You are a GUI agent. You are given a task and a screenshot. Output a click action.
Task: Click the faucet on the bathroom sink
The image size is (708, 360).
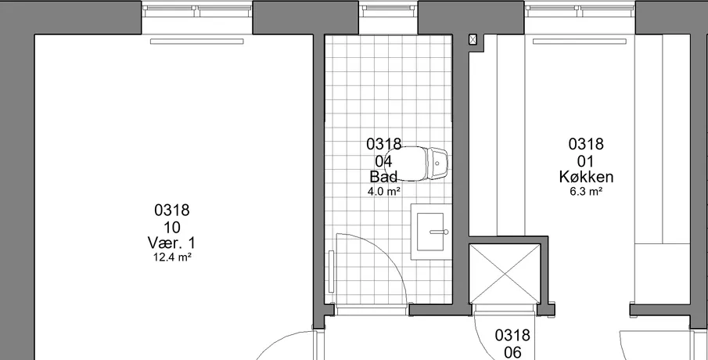(x=440, y=232)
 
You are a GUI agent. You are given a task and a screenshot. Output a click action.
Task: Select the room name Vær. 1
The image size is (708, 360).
(x=171, y=243)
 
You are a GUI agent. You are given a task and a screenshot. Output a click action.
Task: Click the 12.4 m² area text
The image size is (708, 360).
(x=171, y=257)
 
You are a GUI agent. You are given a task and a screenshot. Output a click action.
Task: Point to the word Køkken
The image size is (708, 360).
(x=586, y=177)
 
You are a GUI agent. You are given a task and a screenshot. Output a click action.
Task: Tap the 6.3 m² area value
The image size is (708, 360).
(x=586, y=191)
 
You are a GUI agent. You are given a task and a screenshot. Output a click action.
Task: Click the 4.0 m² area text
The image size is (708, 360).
(x=384, y=191)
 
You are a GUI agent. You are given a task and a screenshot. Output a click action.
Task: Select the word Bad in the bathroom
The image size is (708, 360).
(x=383, y=176)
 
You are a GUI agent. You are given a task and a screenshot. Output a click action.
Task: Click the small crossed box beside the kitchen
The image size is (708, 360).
(x=473, y=40)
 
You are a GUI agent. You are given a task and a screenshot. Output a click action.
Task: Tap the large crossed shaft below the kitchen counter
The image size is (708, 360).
(x=505, y=274)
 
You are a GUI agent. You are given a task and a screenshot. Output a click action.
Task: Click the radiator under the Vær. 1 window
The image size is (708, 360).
(x=197, y=41)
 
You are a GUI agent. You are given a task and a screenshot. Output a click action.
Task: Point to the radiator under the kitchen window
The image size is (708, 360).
(x=580, y=41)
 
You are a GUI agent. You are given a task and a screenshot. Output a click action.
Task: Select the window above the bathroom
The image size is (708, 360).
(x=388, y=8)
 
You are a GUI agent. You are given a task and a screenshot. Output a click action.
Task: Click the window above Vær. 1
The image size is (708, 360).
(x=197, y=8)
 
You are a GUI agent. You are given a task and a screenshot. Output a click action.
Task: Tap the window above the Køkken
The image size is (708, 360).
(x=580, y=8)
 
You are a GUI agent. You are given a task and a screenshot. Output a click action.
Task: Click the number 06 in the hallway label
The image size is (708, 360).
(x=512, y=352)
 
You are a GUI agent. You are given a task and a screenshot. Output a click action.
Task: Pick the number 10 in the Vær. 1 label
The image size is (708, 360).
(x=172, y=227)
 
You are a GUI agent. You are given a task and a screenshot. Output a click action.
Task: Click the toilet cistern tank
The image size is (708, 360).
(x=437, y=164)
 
